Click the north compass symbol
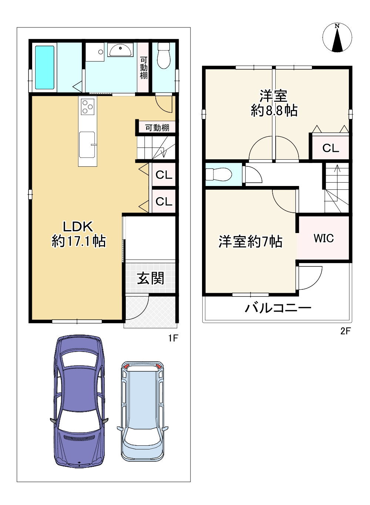337,38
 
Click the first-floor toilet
164,56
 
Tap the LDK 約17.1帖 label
78,234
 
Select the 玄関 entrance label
150,278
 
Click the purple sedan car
79,401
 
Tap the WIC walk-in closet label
324,238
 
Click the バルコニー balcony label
278,308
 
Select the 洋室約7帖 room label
250,242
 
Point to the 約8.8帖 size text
274,110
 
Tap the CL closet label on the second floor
330,148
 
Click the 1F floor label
173,338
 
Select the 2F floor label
345,331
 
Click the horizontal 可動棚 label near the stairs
157,128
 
